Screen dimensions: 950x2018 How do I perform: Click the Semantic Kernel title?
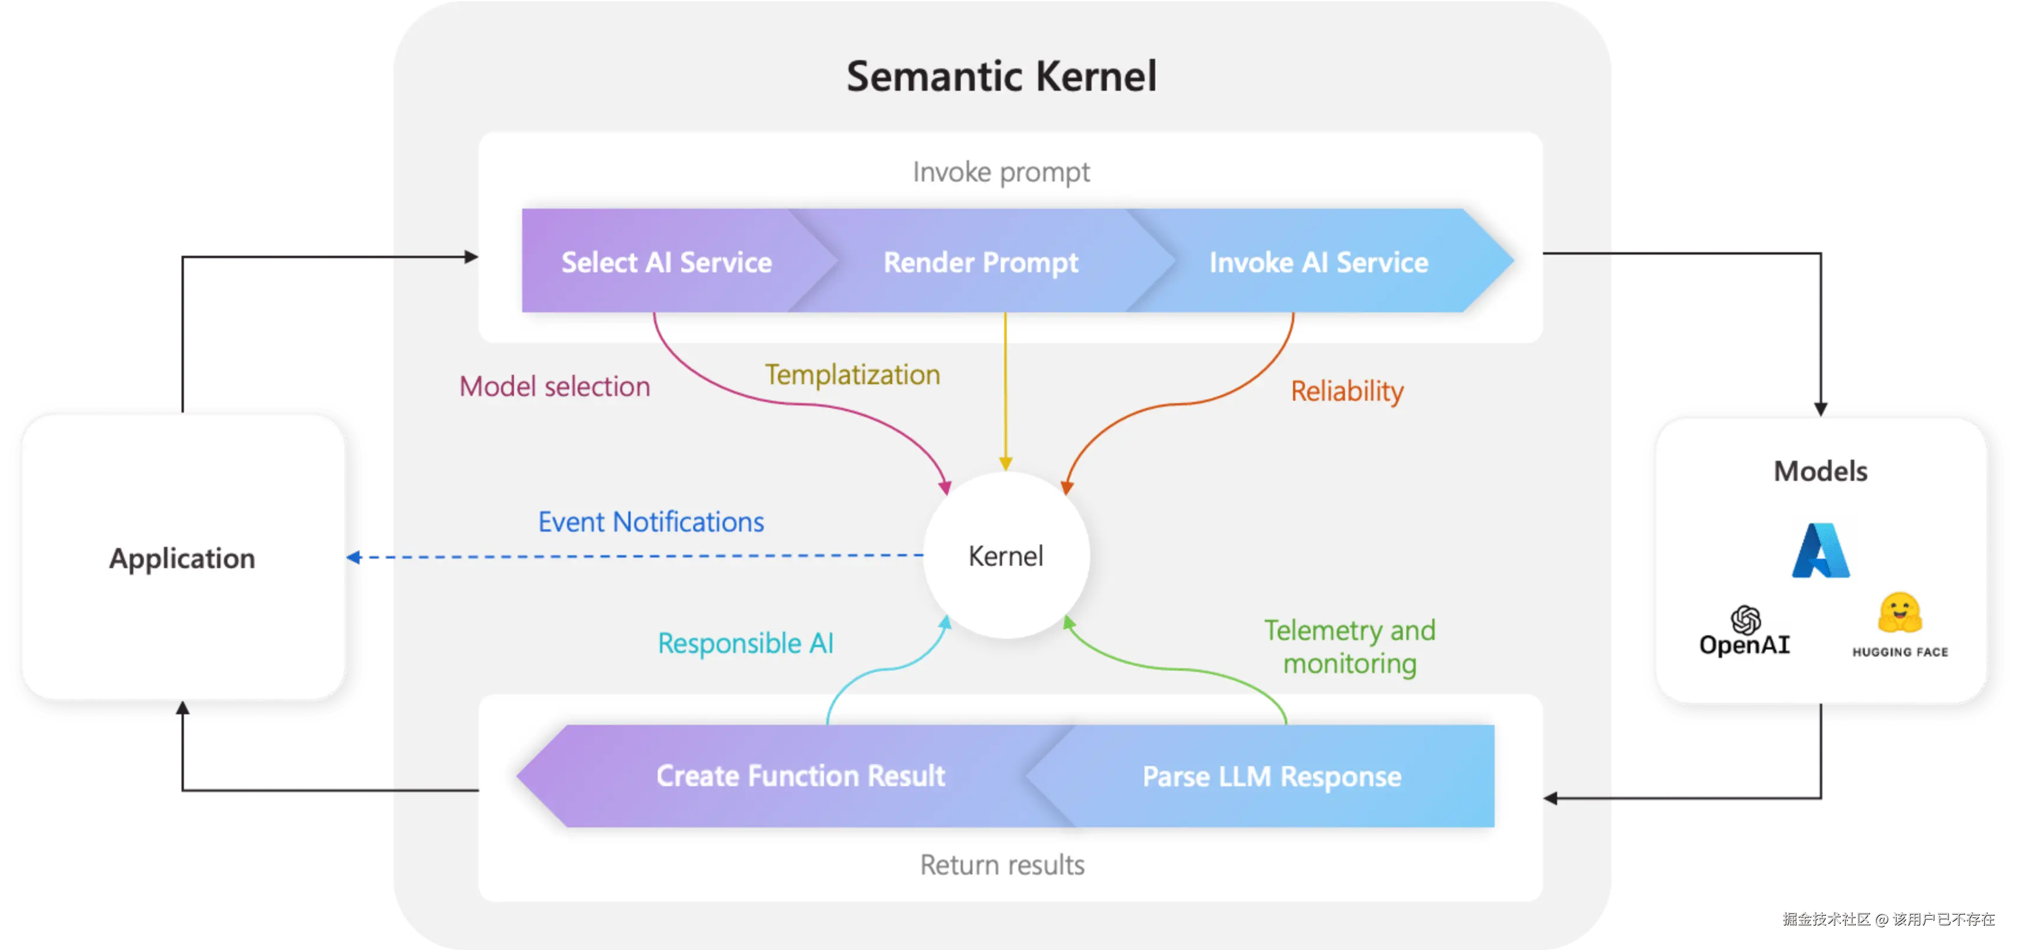(x=1001, y=77)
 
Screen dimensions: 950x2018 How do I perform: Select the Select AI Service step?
(x=667, y=262)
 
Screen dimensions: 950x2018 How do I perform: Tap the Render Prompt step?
(x=981, y=262)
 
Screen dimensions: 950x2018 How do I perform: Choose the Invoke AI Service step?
(x=1318, y=262)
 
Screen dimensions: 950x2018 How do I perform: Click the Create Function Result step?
(x=800, y=776)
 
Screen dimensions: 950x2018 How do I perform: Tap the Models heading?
(x=1821, y=471)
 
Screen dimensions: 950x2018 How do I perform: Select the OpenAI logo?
(x=1745, y=631)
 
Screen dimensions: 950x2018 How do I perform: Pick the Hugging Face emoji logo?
(x=1900, y=613)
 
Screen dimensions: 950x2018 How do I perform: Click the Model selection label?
(x=555, y=387)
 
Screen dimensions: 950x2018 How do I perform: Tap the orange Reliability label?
(x=1347, y=391)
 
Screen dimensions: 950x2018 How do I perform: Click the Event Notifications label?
(x=651, y=522)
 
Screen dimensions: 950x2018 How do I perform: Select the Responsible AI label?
(x=745, y=644)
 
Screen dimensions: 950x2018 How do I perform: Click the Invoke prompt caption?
(x=1001, y=172)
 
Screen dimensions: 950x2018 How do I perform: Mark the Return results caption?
(x=1002, y=865)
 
